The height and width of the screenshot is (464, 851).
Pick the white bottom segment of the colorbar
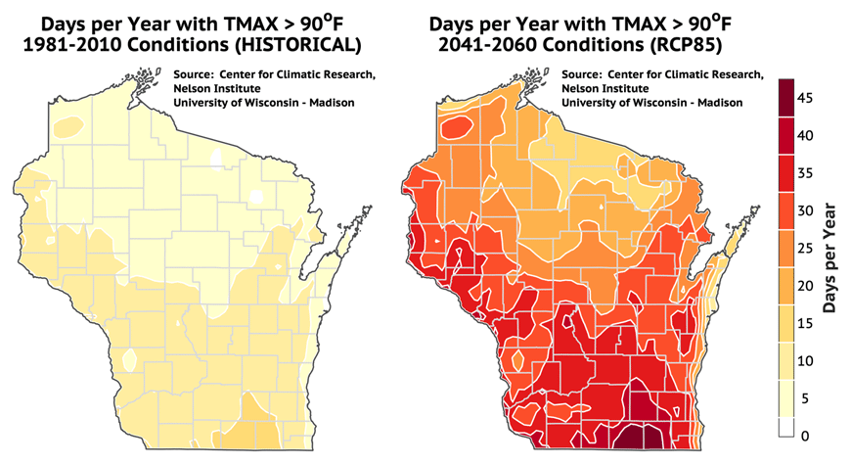[x=785, y=427]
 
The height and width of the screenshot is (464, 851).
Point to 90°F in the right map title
[x=702, y=18]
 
